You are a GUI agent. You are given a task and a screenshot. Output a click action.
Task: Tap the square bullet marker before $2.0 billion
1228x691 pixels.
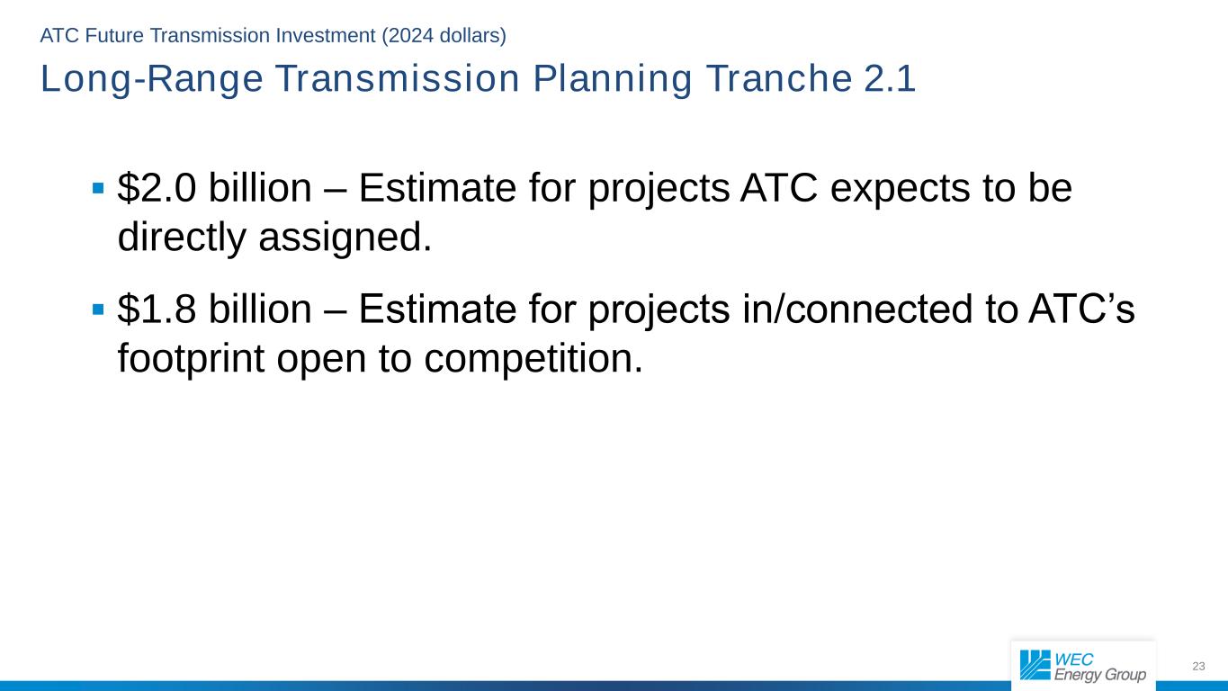[98, 189]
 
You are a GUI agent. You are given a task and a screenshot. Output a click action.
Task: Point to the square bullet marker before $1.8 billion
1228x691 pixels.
[98, 310]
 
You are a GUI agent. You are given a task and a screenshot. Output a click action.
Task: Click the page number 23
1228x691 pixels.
[1198, 666]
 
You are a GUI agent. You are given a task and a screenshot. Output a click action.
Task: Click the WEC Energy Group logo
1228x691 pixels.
[1082, 666]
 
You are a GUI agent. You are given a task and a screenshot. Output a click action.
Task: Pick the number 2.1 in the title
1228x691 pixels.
[890, 80]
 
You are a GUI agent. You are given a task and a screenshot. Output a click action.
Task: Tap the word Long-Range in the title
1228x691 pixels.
[152, 80]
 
